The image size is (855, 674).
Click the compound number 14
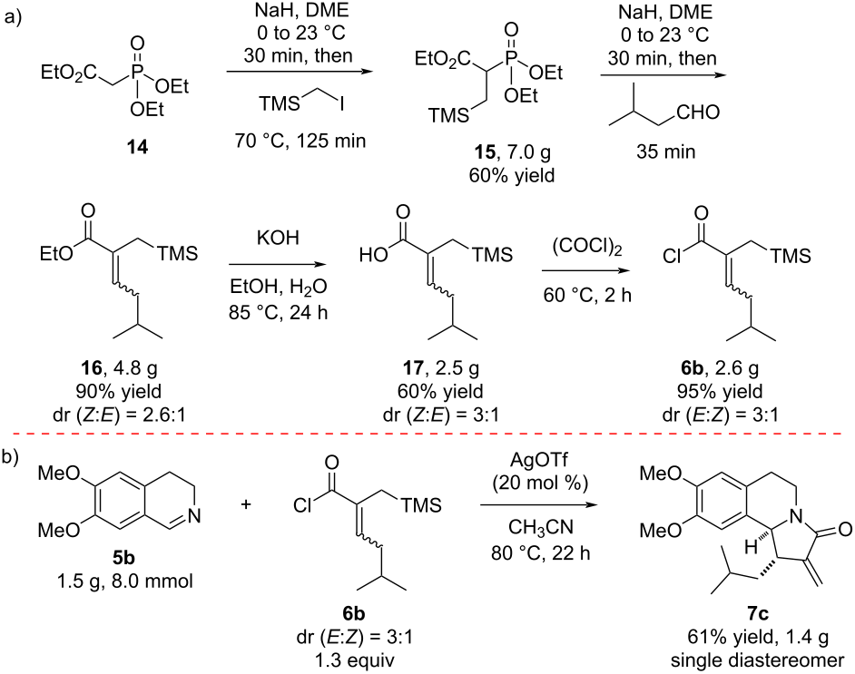137,147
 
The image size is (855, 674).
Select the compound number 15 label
484,152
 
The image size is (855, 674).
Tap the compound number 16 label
91,368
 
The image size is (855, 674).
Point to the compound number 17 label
413,368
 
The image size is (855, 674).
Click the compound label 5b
124,559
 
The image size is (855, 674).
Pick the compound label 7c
757,613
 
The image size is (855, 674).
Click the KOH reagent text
278,239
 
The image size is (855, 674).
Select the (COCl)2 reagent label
586,248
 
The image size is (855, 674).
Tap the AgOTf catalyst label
539,460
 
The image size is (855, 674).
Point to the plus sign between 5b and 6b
246,505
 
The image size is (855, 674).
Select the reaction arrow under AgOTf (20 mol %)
538,504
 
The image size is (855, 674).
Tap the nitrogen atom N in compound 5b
193,515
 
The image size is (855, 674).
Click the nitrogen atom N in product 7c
796,512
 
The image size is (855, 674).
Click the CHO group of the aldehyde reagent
698,112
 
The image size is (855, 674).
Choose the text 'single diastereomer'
757,660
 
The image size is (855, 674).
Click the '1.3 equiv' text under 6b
354,660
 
